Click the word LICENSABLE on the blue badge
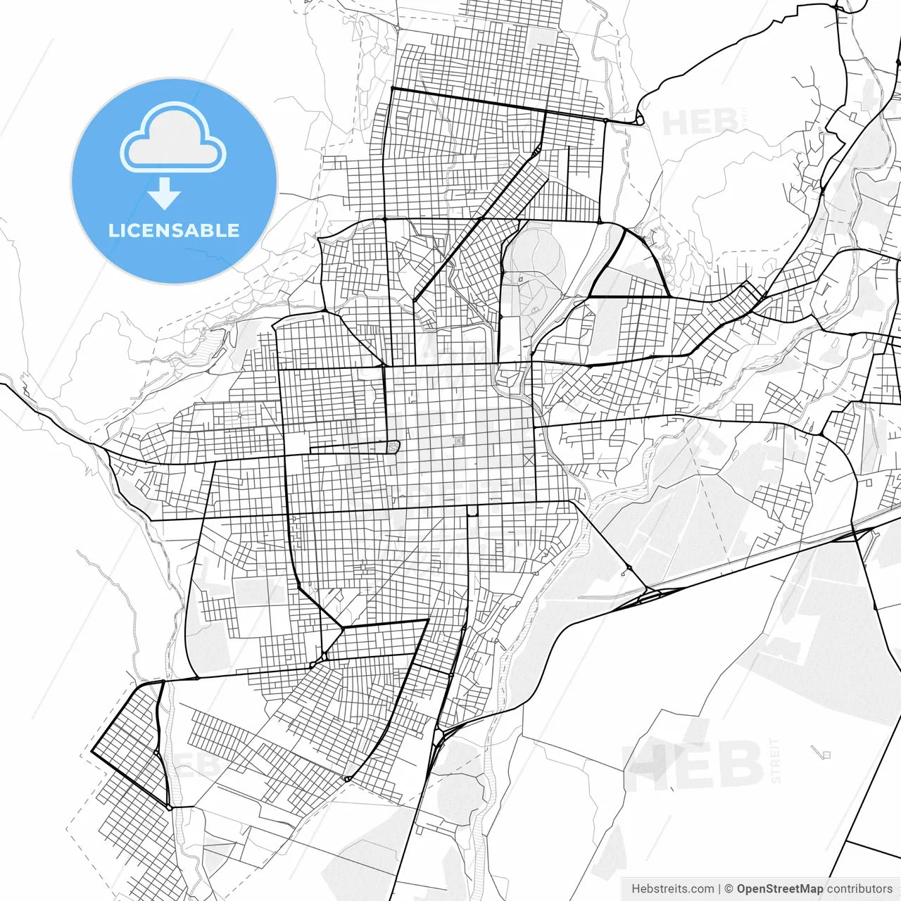coord(174,231)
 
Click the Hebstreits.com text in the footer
coord(672,889)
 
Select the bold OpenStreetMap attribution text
coord(779,889)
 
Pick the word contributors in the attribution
coord(859,889)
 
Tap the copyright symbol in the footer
coord(729,889)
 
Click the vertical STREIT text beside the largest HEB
coord(776,760)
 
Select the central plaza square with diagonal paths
coord(459,441)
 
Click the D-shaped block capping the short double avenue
coord(393,446)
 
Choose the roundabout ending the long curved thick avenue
coord(346,779)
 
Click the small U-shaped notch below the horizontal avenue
coord(472,510)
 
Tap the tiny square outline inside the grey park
coord(520,279)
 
